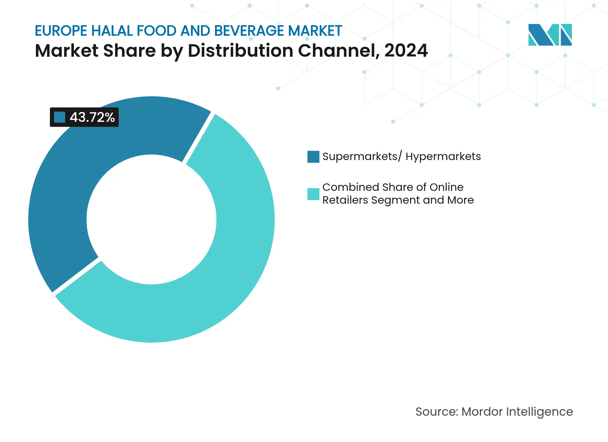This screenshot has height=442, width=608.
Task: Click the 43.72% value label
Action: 92,117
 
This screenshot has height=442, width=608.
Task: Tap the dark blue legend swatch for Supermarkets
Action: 313,157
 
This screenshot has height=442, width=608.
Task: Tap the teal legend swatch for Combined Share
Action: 313,194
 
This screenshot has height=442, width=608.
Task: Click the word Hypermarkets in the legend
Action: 443,157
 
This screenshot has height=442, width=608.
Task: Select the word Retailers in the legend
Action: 345,200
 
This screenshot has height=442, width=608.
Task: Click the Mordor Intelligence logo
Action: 550,35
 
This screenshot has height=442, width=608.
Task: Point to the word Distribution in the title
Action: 240,51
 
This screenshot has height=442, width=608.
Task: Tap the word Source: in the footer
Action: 437,412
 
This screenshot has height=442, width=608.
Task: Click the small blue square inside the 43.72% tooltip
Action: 59,117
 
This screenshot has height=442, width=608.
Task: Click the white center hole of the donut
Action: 151,220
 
